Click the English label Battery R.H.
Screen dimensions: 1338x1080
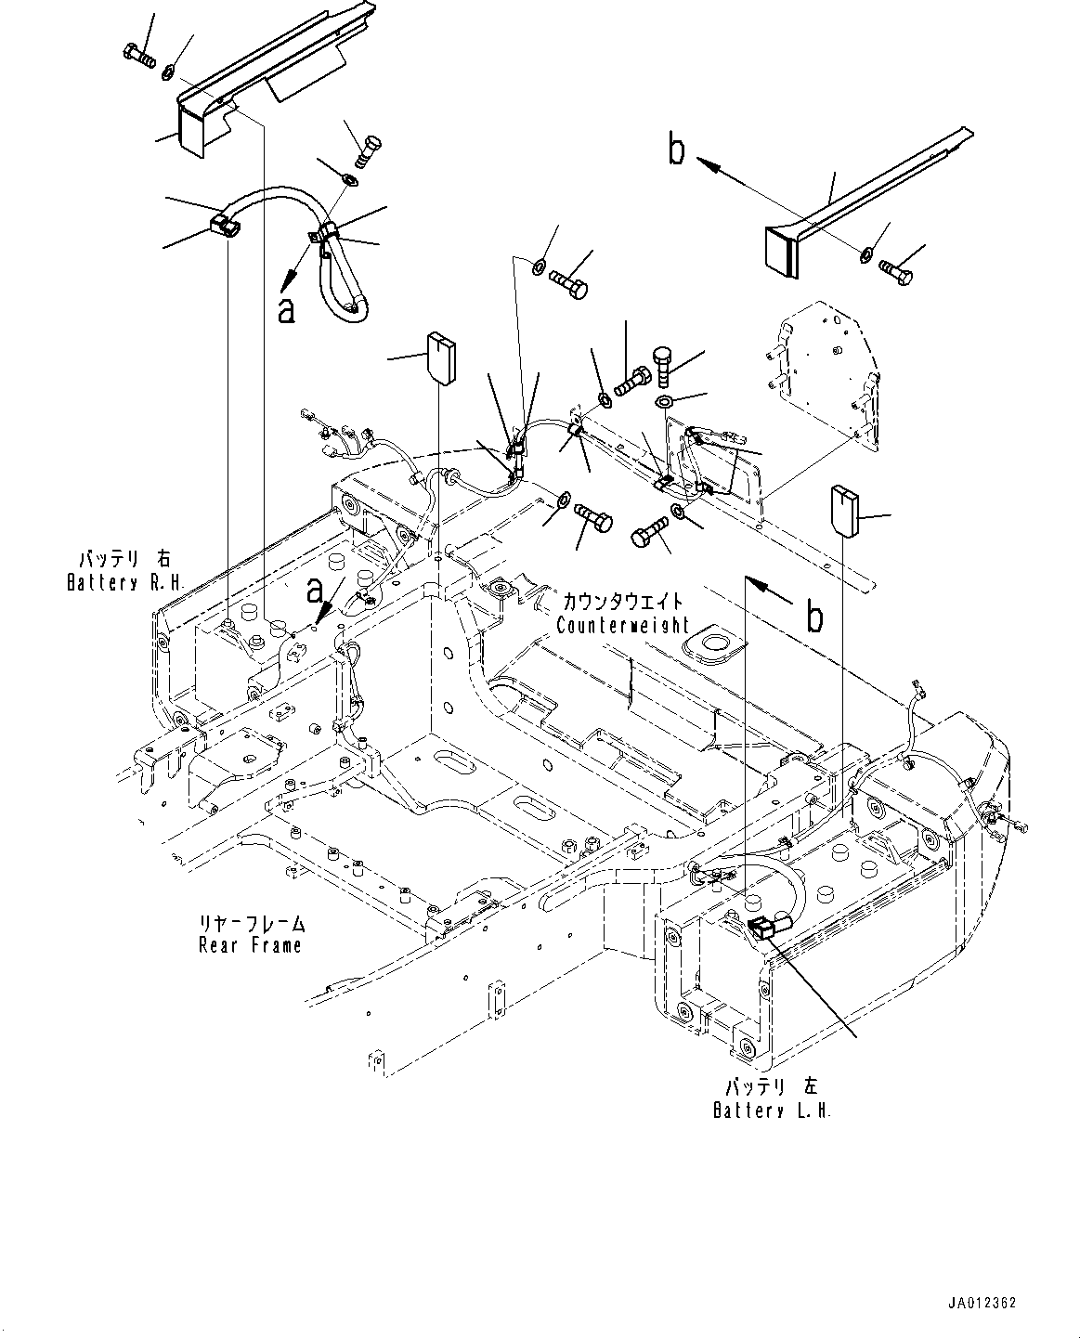coord(125,583)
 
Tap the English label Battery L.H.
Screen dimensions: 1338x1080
coord(772,1111)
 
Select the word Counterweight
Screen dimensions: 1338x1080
coord(622,625)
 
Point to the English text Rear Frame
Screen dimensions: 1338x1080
coord(250,945)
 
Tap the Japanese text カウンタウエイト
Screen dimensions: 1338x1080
coord(622,602)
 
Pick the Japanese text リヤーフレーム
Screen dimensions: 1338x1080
coord(251,924)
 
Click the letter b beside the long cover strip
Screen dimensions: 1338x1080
coord(678,150)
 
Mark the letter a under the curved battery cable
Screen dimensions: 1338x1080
coord(287,308)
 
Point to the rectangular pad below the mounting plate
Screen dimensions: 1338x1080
coord(845,510)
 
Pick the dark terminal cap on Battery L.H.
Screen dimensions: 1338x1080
coord(761,925)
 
